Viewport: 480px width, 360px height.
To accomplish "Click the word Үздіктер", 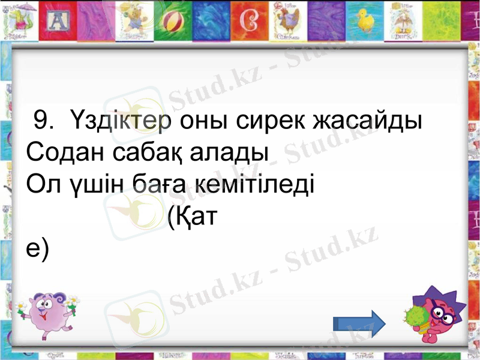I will click(121, 122).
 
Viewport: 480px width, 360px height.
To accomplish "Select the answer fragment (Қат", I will click(191, 215).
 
